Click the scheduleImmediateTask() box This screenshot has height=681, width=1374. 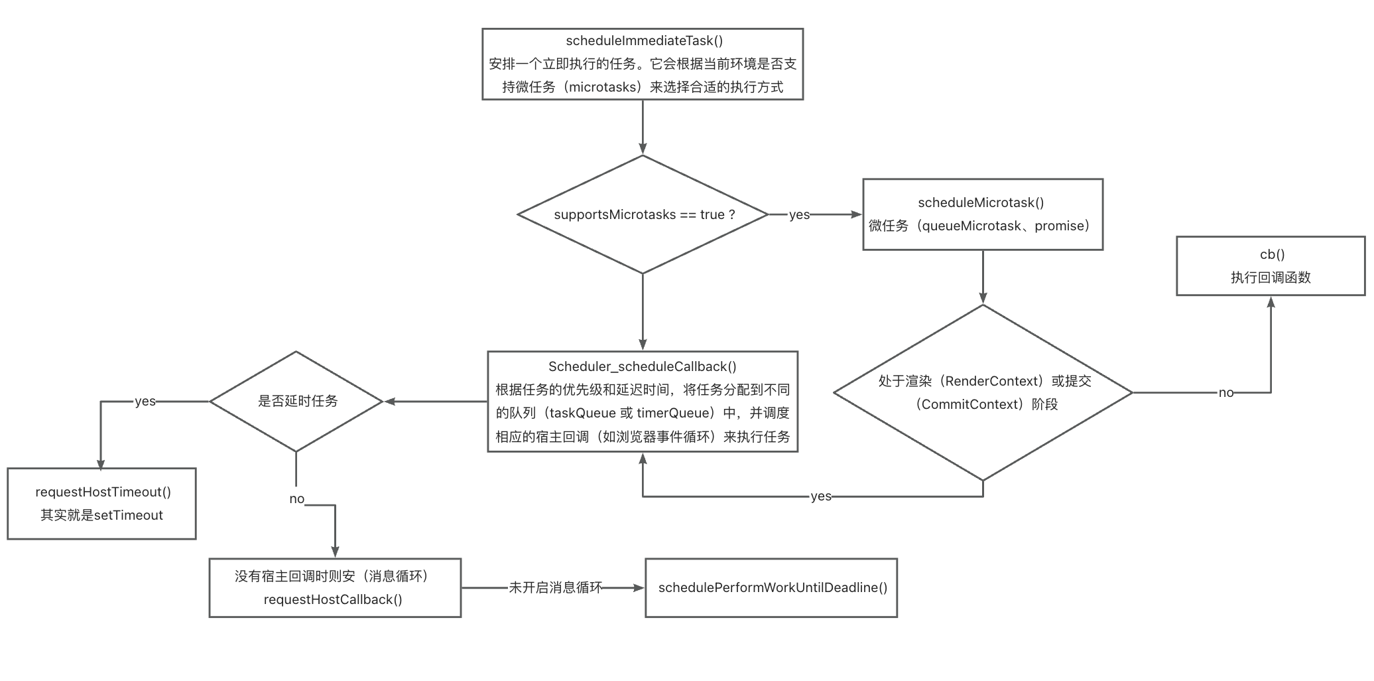tap(643, 64)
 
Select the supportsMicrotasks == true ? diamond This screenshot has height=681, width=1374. tap(643, 214)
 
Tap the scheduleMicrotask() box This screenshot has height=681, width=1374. tap(982, 214)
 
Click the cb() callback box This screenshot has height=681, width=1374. tap(1270, 265)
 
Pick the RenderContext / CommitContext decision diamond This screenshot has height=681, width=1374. tap(982, 392)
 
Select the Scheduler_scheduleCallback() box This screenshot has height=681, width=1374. tap(643, 402)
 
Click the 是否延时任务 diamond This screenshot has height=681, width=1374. tap(296, 402)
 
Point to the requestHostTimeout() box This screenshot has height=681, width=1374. tap(101, 503)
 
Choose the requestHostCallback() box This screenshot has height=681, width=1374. tap(335, 587)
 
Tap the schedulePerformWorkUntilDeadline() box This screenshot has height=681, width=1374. tap(771, 587)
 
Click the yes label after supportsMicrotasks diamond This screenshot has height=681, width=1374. tap(799, 214)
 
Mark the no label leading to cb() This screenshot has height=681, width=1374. tap(1225, 393)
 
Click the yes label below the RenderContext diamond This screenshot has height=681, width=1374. tap(820, 496)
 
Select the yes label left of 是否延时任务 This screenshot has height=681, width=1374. tap(145, 402)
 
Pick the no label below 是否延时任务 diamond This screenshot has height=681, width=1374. tap(296, 499)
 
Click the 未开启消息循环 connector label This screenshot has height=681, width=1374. tap(555, 587)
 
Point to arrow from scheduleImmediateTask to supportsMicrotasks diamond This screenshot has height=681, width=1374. tap(643, 127)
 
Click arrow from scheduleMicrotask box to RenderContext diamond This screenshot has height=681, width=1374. tap(982, 277)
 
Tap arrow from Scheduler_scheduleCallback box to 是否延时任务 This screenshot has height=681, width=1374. tap(436, 402)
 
